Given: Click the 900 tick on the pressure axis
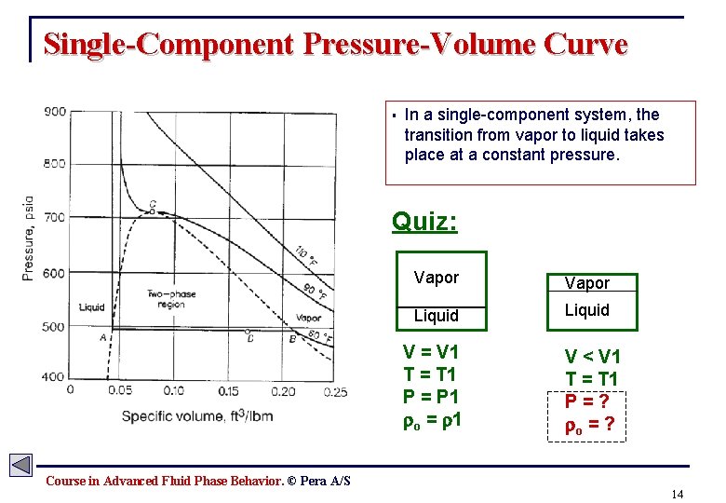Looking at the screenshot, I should [54, 113].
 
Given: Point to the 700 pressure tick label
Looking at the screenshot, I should [54, 217].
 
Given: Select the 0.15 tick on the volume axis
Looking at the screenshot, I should [228, 391].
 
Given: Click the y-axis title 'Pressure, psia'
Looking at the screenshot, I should [28, 238].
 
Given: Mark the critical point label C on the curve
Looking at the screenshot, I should [153, 205].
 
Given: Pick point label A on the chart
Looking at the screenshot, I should [102, 337].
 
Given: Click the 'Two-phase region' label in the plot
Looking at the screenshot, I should [171, 299].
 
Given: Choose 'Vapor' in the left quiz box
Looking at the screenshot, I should [437, 278].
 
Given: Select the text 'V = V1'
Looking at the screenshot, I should [430, 352].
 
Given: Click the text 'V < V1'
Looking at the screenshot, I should [593, 357].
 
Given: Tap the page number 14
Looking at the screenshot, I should [677, 493].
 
